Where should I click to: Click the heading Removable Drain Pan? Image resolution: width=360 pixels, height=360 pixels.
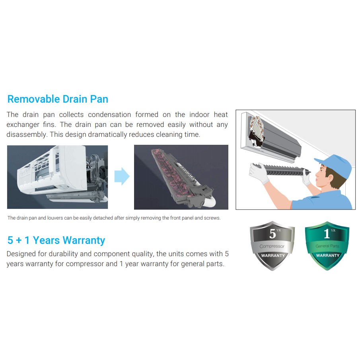point(58,99)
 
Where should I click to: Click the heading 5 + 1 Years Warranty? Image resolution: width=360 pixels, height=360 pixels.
point(56,240)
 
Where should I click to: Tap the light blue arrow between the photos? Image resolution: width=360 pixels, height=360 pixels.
point(122,176)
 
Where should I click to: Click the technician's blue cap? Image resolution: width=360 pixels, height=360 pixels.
point(335,164)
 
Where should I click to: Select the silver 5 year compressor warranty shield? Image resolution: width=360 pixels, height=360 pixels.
point(272,246)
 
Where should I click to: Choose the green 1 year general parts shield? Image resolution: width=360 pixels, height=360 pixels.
point(327,246)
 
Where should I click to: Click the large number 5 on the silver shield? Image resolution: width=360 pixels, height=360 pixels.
point(272,234)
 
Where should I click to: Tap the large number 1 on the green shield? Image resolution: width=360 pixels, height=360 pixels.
point(327,234)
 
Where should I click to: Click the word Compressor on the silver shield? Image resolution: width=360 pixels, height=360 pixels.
point(272,246)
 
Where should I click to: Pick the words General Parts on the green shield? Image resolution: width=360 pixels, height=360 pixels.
point(327,246)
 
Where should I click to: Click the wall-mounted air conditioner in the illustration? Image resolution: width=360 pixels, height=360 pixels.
point(271,137)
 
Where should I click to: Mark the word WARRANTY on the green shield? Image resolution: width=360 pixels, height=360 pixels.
point(328,255)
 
